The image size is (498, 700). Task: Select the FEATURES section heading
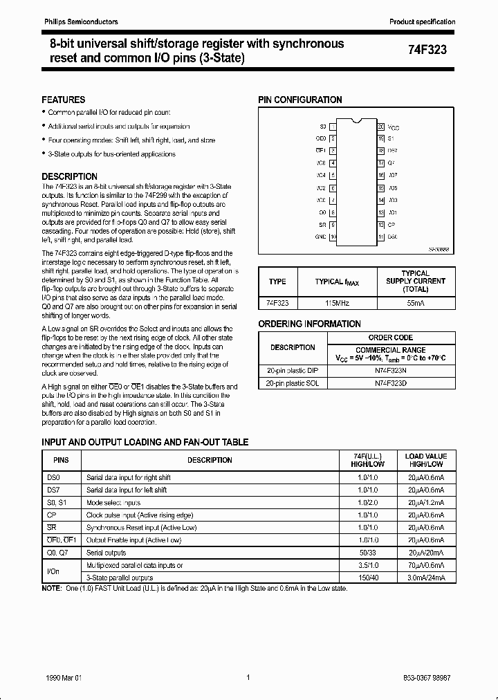[x=64, y=100]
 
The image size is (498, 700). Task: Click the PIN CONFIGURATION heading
[x=300, y=100]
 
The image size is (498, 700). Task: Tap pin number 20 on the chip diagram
[x=380, y=127]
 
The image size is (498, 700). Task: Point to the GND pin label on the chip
[x=320, y=237]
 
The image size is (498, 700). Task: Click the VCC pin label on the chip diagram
[x=394, y=128]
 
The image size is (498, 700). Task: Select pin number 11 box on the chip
[x=380, y=237]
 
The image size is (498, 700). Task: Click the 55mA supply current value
[x=415, y=303]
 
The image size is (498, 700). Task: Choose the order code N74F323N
[x=391, y=370]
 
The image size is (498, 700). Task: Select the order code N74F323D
[x=391, y=383]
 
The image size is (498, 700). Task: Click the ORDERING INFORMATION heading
[x=309, y=324]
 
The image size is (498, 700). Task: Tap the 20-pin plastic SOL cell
[x=292, y=383]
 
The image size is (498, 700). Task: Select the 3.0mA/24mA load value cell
[x=426, y=578]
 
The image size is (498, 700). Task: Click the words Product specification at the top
[x=422, y=22]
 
